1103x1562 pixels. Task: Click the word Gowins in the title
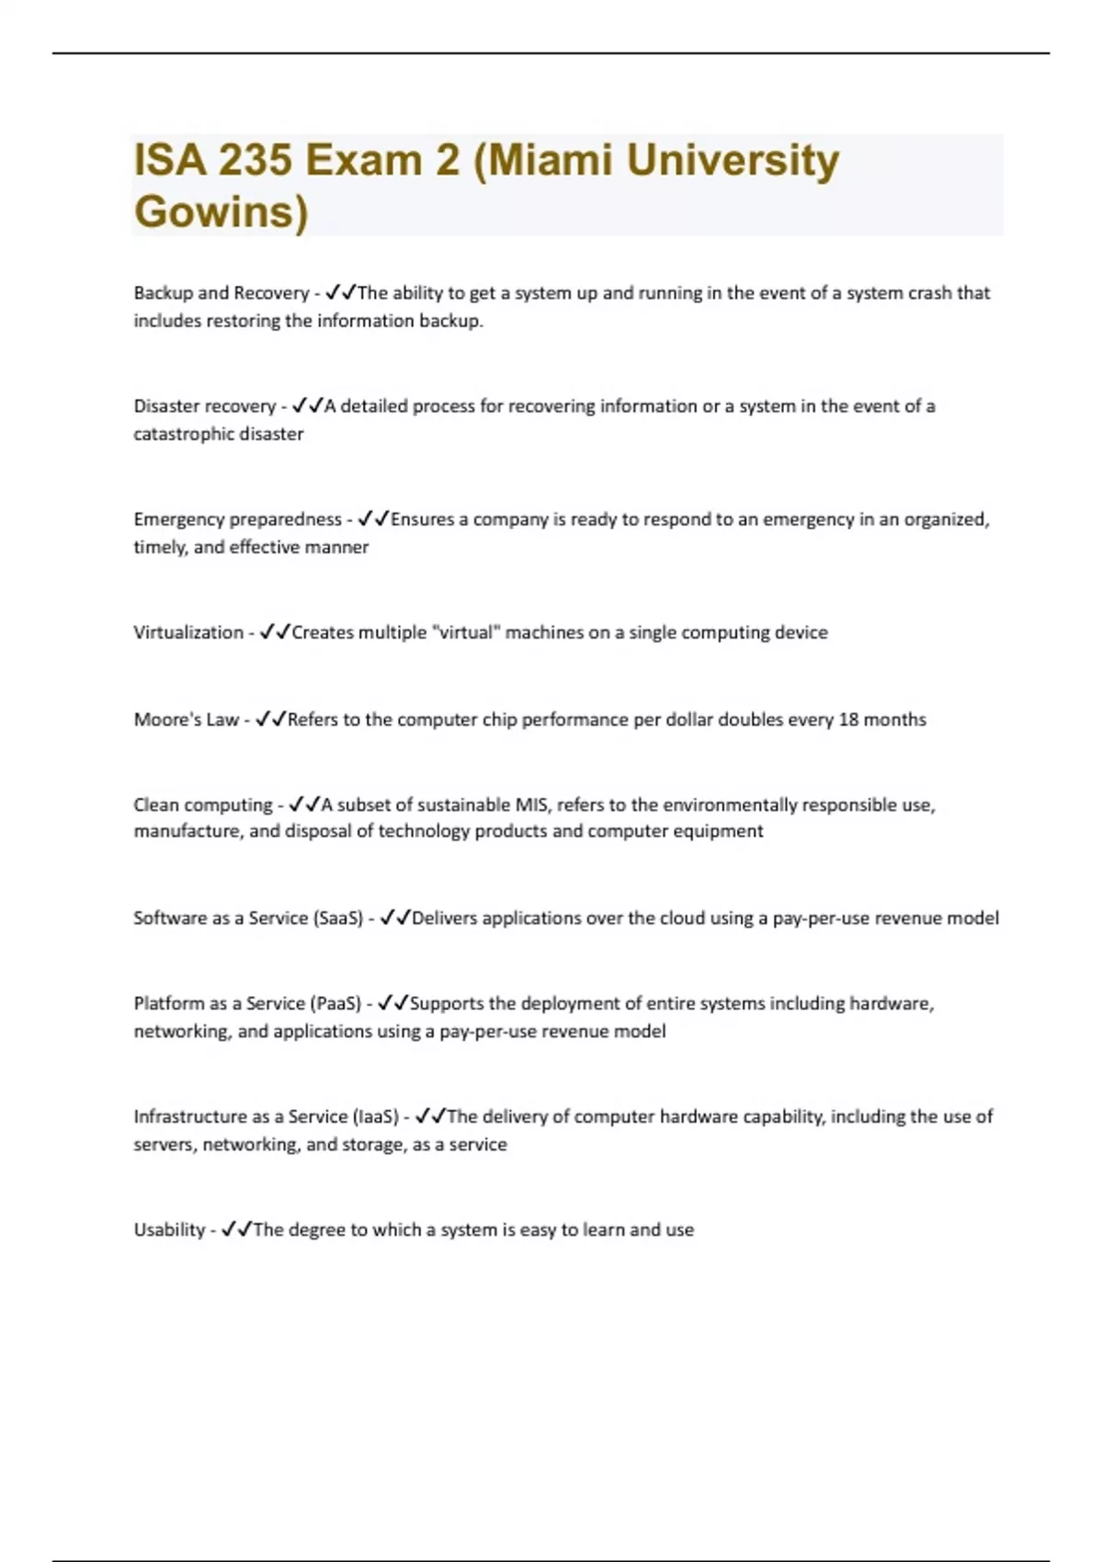coord(221,212)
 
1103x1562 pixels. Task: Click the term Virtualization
coord(188,632)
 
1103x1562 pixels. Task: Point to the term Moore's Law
coord(187,719)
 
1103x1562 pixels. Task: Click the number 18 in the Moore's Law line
coord(848,719)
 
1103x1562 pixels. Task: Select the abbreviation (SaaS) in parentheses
coord(338,918)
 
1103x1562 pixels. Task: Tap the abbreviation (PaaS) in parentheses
coord(335,1003)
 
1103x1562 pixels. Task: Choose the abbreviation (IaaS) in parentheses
coord(376,1116)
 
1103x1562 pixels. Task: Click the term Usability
coord(169,1229)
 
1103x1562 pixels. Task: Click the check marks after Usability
coord(236,1229)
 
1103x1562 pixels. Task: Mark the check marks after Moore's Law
coord(270,719)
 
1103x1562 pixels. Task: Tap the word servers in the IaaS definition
coord(164,1145)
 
